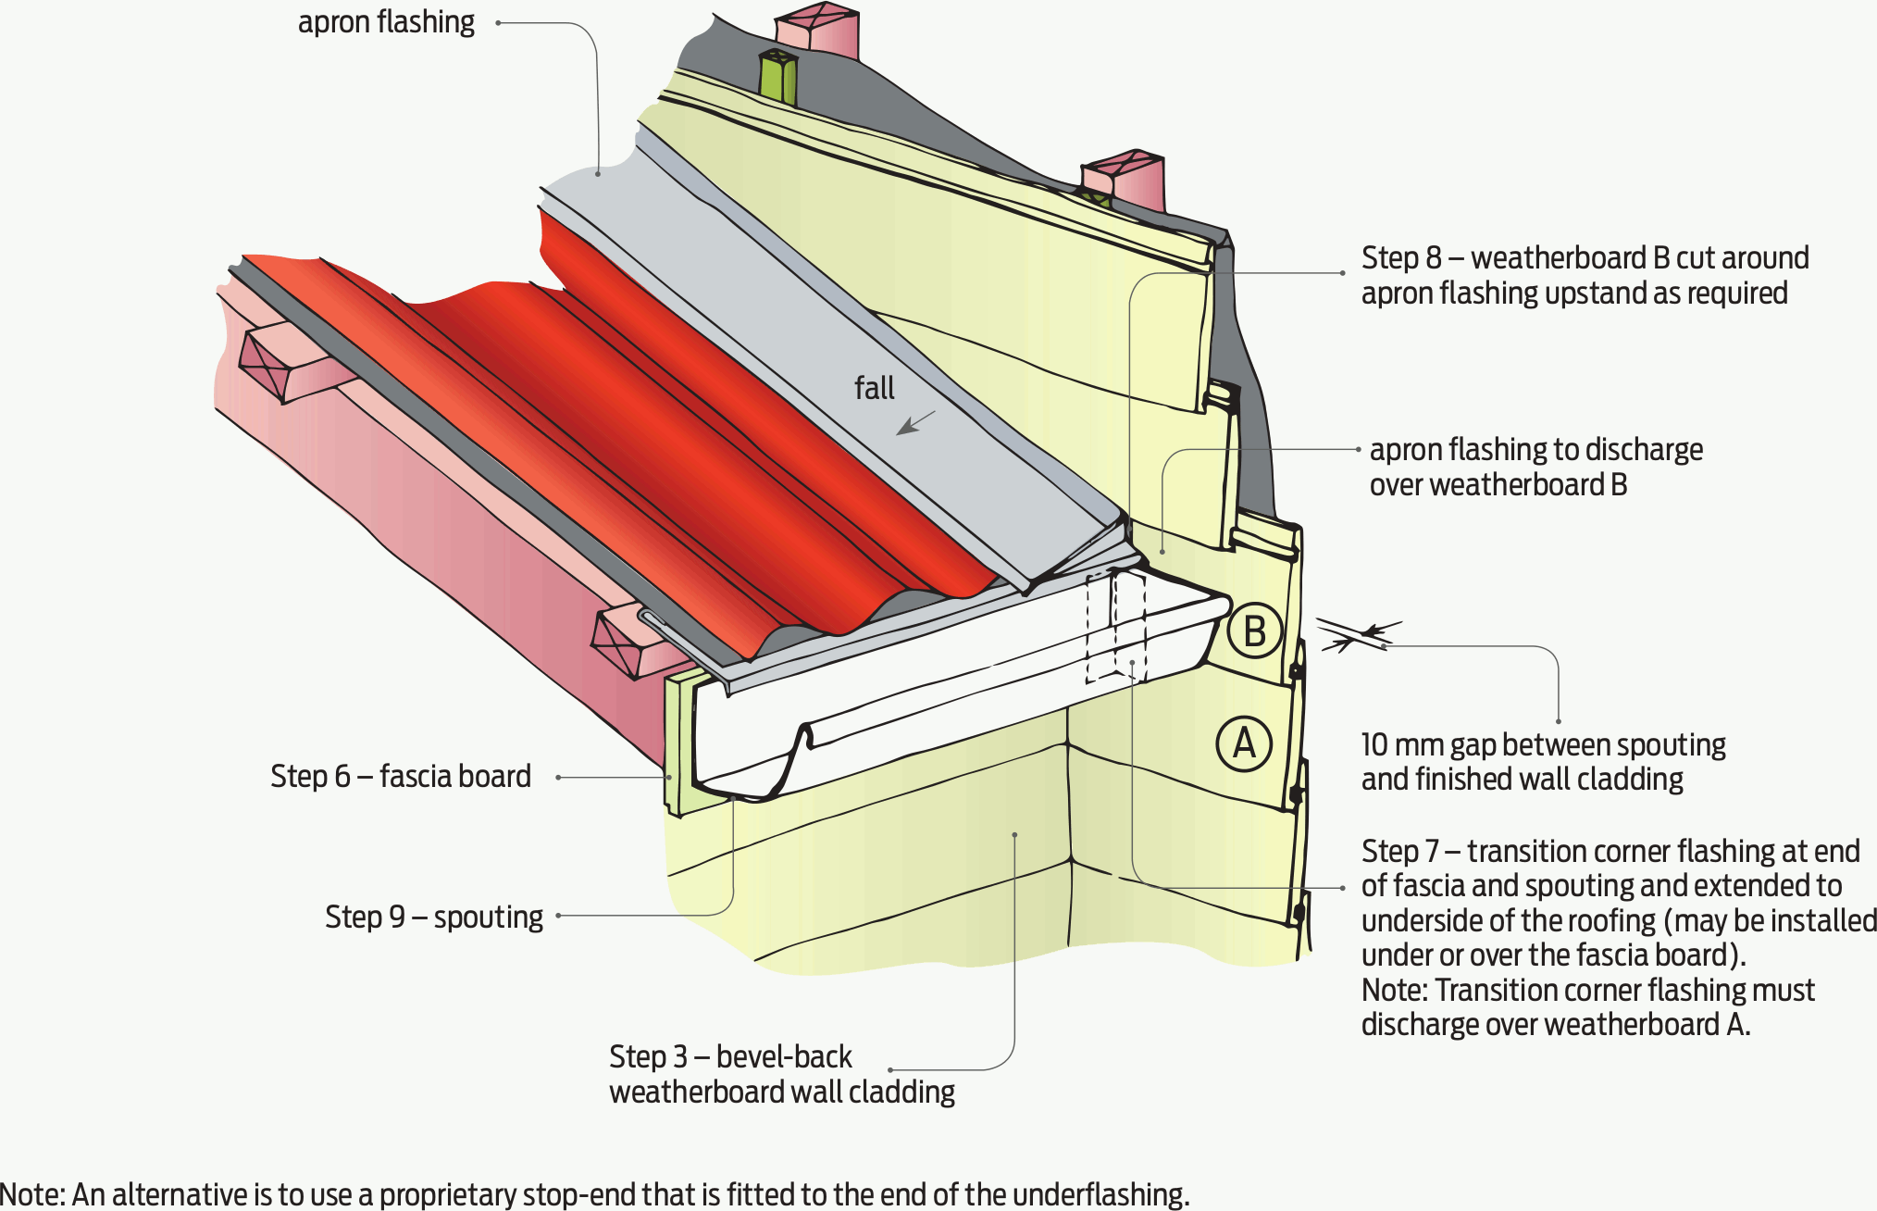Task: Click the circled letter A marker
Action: point(1244,743)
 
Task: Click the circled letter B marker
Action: point(1254,631)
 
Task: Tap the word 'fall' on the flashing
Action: point(874,388)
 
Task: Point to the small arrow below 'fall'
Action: point(916,424)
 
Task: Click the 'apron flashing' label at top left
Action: point(386,22)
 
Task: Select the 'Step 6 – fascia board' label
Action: point(400,776)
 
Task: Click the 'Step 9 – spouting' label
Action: point(433,917)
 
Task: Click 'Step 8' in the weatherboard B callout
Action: point(1401,257)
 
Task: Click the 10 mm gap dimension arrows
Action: point(1359,636)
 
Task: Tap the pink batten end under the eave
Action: point(615,641)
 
